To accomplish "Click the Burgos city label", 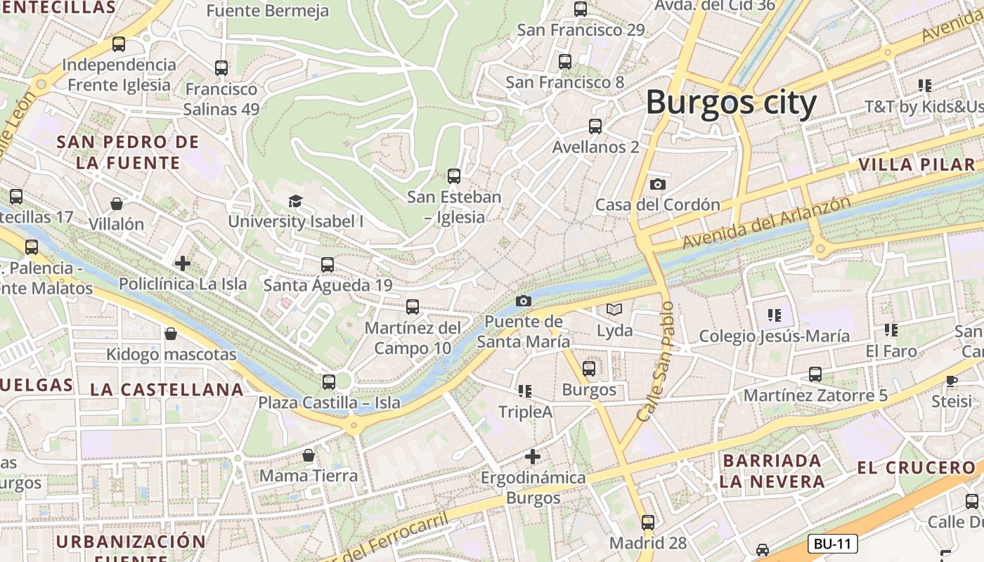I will click(x=731, y=103).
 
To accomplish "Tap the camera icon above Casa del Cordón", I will click(x=657, y=184).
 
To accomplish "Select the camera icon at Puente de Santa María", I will click(x=523, y=301).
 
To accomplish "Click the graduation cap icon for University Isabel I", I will click(x=295, y=202).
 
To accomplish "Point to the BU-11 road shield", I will click(x=832, y=543).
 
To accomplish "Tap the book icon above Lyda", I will click(x=614, y=309).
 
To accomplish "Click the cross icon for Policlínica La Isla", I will click(x=183, y=263).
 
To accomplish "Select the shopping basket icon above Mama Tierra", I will click(x=308, y=455).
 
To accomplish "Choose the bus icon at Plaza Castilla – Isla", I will click(x=328, y=382).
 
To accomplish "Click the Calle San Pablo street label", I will click(x=656, y=362).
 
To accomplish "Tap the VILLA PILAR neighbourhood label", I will click(x=917, y=165).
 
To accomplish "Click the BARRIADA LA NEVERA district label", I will click(x=772, y=471).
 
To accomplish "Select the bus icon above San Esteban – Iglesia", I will click(x=454, y=176).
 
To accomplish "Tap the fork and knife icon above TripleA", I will click(x=524, y=391).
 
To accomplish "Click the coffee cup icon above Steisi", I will click(x=951, y=381).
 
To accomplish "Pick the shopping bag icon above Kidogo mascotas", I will click(x=170, y=334).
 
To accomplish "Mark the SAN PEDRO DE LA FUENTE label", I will click(x=128, y=152).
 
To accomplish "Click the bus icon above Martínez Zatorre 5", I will click(x=815, y=374).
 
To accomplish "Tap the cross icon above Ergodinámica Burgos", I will click(x=533, y=457).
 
